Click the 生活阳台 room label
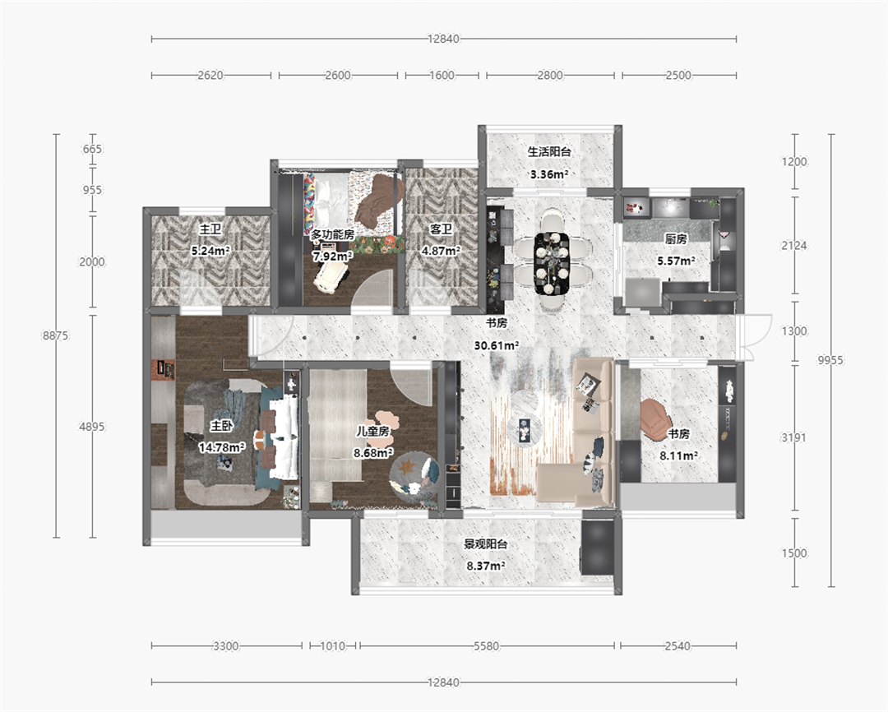tap(549, 152)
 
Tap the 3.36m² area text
tap(549, 174)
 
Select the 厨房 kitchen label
tap(676, 239)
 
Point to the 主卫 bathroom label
tap(210, 229)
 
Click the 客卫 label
tap(442, 229)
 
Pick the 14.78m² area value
tap(221, 447)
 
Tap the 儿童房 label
tap(372, 431)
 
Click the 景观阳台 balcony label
tap(486, 543)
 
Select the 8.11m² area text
tap(678, 455)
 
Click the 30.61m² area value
tap(497, 345)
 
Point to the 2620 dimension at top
tap(210, 75)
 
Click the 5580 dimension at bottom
tap(487, 645)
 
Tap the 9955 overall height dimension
tap(830, 359)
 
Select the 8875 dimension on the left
tap(56, 335)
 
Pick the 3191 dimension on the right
tap(794, 437)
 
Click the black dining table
tap(552, 263)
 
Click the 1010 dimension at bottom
tap(333, 645)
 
